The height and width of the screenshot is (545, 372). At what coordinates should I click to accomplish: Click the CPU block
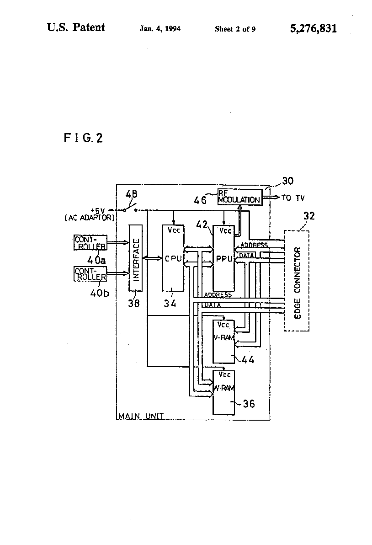173,258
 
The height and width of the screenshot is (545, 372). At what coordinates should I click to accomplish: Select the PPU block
223,258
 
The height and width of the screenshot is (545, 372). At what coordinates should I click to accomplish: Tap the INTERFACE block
135,258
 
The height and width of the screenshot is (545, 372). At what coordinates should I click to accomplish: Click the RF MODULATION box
239,197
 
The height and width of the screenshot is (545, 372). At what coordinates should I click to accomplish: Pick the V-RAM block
223,342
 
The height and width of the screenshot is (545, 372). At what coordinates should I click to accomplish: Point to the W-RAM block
223,392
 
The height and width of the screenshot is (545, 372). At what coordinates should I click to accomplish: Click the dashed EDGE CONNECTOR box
297,281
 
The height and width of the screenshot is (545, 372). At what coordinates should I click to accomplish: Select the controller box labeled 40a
90,243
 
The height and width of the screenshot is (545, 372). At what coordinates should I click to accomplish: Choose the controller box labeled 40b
90,274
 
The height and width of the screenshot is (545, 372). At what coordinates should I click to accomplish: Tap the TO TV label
293,198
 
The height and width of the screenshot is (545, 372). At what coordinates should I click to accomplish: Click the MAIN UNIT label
141,416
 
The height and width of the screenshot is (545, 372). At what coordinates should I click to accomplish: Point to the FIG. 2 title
83,138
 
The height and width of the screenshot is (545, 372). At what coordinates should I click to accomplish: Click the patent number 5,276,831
314,28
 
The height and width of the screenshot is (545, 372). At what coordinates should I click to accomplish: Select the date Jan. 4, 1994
160,29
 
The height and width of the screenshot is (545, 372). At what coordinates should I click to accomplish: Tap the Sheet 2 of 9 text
235,29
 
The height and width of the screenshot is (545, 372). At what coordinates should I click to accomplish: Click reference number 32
309,216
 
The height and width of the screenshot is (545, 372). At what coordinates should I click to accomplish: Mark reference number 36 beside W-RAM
249,404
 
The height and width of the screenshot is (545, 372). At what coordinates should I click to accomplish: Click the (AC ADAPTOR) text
89,218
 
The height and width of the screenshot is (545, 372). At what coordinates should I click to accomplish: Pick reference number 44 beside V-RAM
248,360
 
